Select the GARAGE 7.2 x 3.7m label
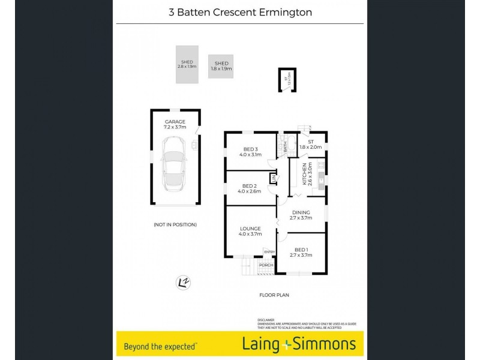[x=175, y=124]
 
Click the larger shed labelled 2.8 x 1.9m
[x=187, y=64]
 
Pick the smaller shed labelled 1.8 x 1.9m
[x=221, y=66]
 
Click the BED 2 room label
[x=250, y=188]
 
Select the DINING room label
[x=301, y=215]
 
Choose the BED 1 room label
[x=301, y=252]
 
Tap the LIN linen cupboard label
[x=274, y=178]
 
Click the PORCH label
[x=266, y=265]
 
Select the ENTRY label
[x=269, y=252]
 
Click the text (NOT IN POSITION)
[x=175, y=224]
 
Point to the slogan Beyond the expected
[x=161, y=346]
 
